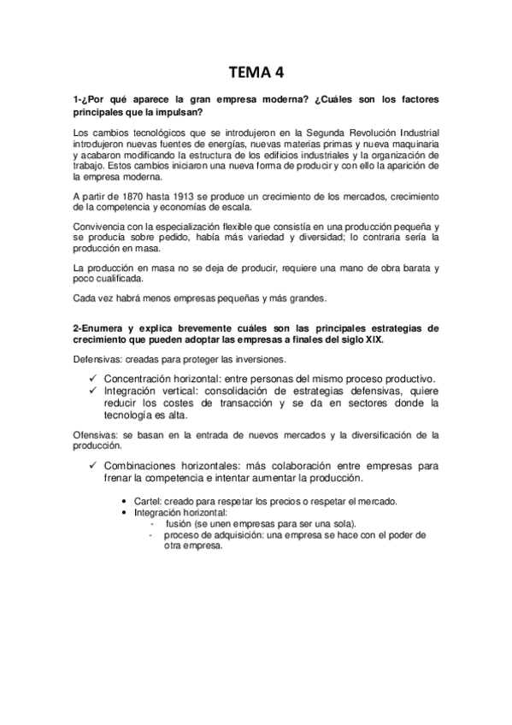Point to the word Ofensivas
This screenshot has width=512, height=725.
click(97, 434)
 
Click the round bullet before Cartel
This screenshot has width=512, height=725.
click(126, 501)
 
